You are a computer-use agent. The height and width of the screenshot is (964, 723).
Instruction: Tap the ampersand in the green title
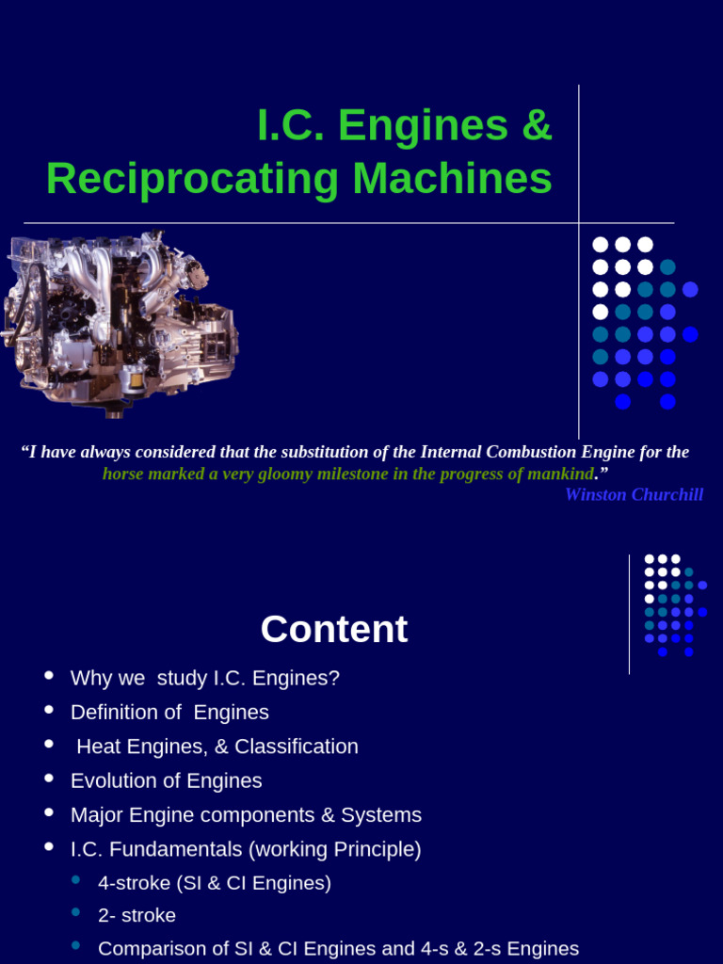[536, 125]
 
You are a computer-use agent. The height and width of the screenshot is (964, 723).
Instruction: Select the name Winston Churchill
[634, 494]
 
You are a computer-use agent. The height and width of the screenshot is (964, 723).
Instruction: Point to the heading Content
[334, 630]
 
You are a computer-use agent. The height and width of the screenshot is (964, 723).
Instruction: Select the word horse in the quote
[123, 474]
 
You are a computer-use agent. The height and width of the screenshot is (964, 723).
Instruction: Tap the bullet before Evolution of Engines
[49, 779]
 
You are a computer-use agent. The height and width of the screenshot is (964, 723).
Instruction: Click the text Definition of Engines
[169, 713]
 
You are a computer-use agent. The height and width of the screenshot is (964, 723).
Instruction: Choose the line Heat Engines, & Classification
[217, 747]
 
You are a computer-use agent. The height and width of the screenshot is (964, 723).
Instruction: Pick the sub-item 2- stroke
[137, 915]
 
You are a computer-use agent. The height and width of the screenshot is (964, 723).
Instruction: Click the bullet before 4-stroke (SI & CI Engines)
[76, 880]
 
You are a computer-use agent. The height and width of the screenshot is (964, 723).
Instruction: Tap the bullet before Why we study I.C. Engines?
[49, 676]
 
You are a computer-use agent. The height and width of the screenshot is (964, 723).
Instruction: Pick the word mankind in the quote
[559, 474]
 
